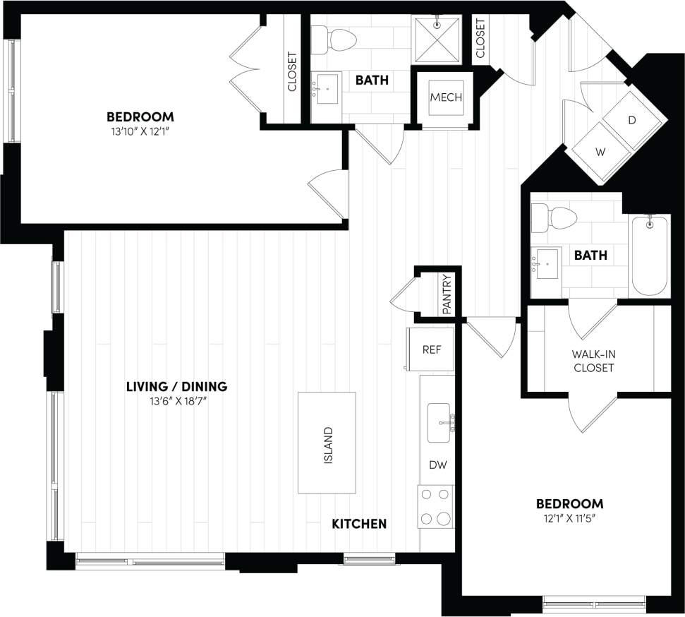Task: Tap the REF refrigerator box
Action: pos(430,349)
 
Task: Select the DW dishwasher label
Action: pos(437,465)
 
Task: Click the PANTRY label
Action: pos(446,294)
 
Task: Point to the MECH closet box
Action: pos(446,97)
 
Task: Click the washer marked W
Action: pos(601,151)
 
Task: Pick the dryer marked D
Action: pos(632,120)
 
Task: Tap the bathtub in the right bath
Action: pos(649,256)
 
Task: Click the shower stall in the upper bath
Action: pos(436,40)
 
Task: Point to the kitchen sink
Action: pos(439,421)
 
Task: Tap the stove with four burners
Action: pos(435,507)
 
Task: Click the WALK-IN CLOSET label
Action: pos(593,361)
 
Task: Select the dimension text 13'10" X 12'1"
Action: pos(140,131)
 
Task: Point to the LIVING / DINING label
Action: pos(176,386)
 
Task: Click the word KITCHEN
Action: pos(359,523)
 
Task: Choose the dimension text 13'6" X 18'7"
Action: pos(176,402)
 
